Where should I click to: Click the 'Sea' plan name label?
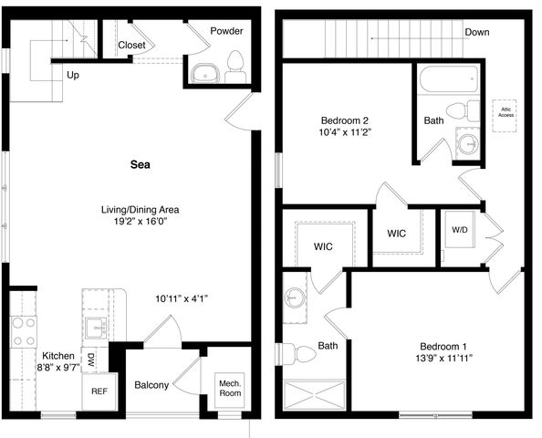coord(140,164)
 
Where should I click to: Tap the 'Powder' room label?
coord(226,31)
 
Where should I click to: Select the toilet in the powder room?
coord(235,67)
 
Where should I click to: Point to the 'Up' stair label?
coord(73,76)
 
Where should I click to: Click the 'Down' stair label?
coord(476,32)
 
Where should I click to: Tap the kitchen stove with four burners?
coord(24,332)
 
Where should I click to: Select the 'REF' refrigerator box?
coord(99,391)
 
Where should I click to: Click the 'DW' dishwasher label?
coord(90,360)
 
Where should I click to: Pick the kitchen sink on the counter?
coord(97,328)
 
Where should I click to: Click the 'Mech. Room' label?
coord(230,388)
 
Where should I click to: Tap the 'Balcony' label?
coord(151,385)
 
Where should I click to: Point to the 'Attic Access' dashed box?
coord(505,116)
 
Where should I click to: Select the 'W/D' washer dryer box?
coord(460,230)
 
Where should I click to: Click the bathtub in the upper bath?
coord(449,78)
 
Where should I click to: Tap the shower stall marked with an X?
coord(314,395)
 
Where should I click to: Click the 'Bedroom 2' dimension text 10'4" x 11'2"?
coord(345,132)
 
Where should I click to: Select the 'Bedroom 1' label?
coord(443,347)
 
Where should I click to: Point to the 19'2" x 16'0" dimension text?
coord(141,221)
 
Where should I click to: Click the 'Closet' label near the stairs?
coord(131,45)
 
